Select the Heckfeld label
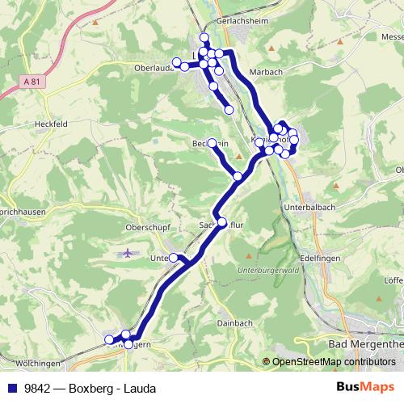49,124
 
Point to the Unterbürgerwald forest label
270,268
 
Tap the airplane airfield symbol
128,254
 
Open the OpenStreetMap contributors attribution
333,362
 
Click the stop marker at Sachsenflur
222,221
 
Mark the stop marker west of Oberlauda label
176,62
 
